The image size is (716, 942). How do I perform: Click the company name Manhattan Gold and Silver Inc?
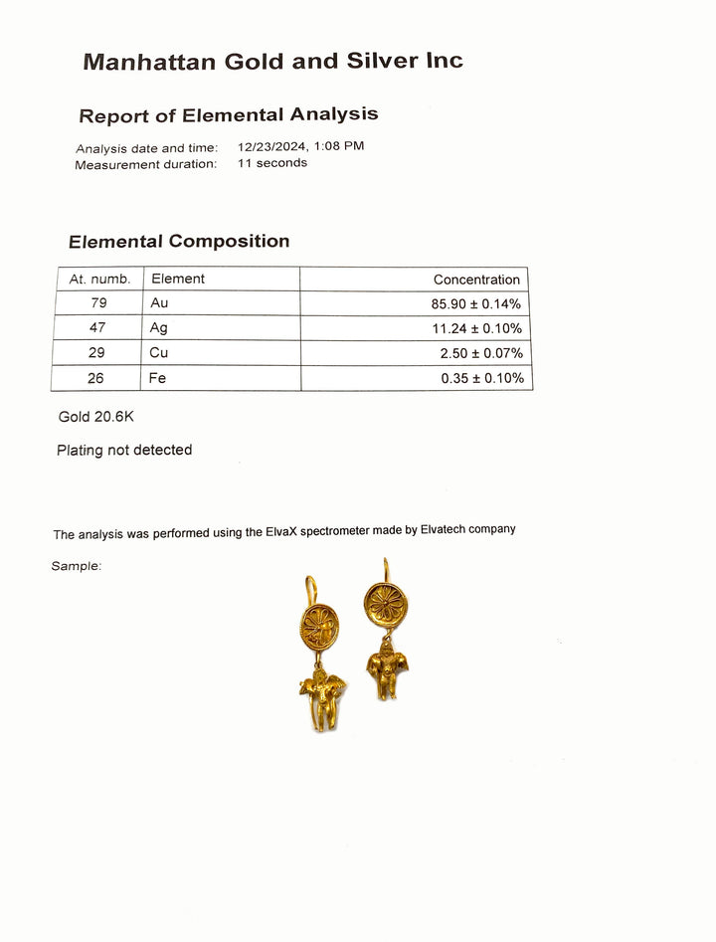click(x=272, y=61)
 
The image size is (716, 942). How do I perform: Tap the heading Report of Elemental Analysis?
click(x=228, y=115)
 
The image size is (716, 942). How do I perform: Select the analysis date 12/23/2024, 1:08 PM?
click(x=300, y=145)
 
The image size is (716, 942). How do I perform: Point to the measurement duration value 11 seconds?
click(x=271, y=163)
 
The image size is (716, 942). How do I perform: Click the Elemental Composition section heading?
click(x=179, y=241)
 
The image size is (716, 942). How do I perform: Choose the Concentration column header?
click(x=476, y=280)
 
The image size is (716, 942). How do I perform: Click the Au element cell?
click(x=159, y=303)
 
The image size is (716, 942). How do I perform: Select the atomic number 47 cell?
click(x=98, y=328)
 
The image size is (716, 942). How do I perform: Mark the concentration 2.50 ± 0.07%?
click(x=481, y=353)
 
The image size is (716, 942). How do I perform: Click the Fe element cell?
click(x=158, y=378)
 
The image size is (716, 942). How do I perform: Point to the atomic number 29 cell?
click(x=98, y=353)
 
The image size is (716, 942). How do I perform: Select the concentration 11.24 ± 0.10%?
click(x=476, y=328)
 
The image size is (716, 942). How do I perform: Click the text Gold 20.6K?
click(x=95, y=417)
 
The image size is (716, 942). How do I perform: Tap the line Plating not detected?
click(x=124, y=450)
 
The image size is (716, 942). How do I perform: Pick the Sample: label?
click(x=77, y=566)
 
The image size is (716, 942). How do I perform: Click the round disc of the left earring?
click(x=319, y=628)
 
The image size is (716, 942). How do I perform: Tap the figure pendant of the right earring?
click(x=387, y=669)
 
